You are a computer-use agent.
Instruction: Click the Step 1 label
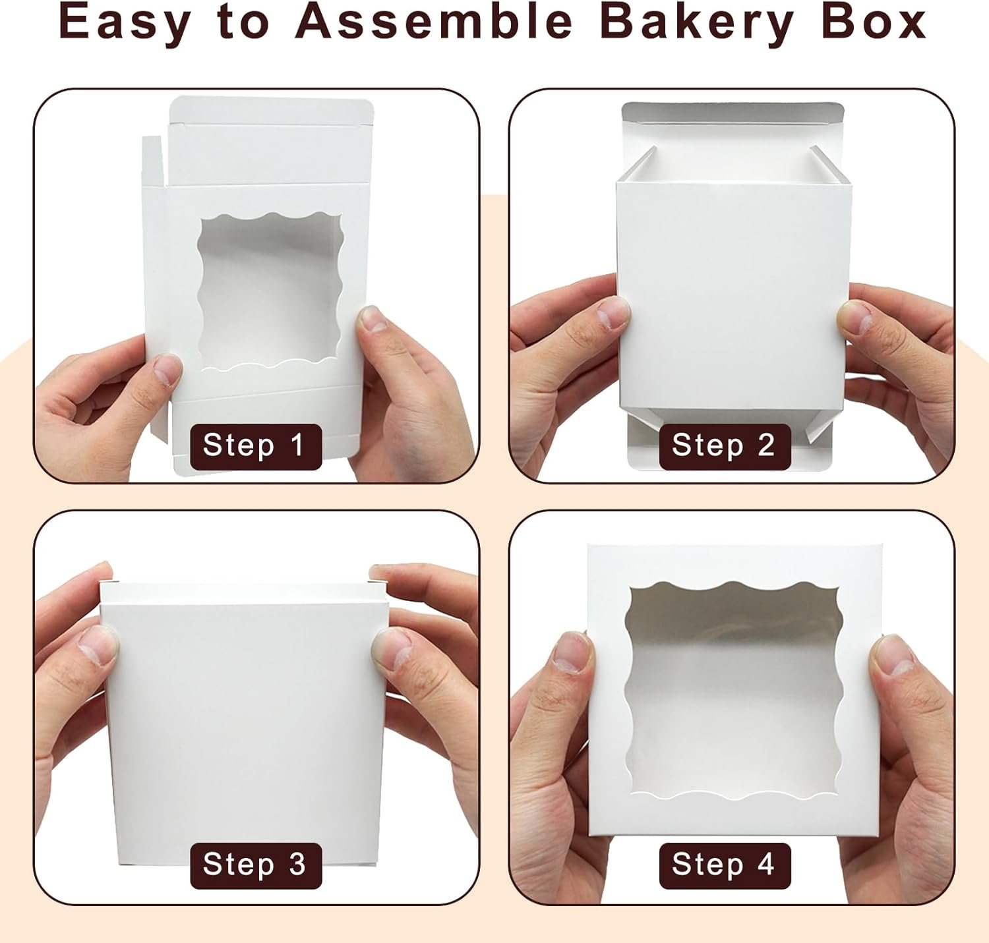click(x=256, y=446)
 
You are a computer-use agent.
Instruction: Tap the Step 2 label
click(x=725, y=446)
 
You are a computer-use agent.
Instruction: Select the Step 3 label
click(x=256, y=865)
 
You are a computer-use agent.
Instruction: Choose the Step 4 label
click(x=725, y=865)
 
